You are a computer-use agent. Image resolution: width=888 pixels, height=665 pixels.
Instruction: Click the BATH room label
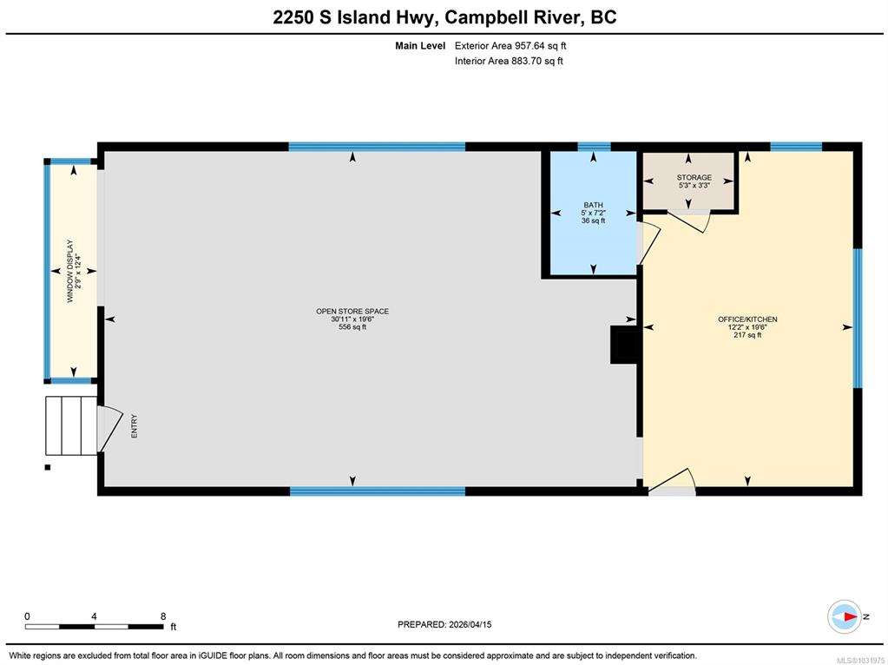(x=593, y=205)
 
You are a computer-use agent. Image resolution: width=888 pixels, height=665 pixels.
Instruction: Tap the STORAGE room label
(x=694, y=177)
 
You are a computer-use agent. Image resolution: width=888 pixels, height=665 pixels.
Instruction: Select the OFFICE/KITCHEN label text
(x=747, y=319)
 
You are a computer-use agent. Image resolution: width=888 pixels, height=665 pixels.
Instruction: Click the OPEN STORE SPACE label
(x=352, y=311)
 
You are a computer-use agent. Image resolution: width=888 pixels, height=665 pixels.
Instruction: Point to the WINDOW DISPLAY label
(x=70, y=271)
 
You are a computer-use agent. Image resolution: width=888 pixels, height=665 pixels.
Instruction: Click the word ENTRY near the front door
(x=135, y=426)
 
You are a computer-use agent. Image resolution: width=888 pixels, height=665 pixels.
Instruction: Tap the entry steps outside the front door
(x=71, y=425)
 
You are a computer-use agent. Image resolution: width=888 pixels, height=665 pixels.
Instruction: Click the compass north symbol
(x=845, y=617)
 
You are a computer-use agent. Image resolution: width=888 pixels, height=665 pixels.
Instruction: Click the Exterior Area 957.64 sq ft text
(x=510, y=46)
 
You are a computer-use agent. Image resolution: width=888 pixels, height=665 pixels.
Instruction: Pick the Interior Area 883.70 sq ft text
(x=509, y=61)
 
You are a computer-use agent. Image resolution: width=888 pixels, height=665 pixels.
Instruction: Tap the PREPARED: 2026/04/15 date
(x=444, y=624)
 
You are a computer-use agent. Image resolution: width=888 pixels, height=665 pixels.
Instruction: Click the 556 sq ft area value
(x=352, y=326)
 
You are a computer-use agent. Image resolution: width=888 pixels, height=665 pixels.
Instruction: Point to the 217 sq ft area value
(x=747, y=335)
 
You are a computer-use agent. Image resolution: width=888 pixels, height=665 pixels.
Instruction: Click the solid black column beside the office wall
(x=624, y=345)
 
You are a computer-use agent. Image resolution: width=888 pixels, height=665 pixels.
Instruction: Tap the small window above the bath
(x=594, y=147)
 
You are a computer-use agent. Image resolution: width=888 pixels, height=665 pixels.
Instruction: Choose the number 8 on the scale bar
(x=163, y=616)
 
